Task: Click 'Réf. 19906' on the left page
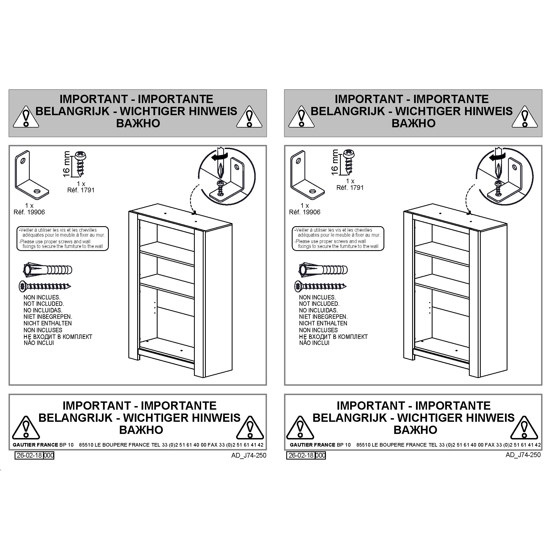[29, 212]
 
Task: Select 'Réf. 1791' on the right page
[350, 188]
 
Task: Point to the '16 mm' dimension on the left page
[66, 164]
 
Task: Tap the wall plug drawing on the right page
[323, 269]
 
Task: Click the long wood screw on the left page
[45, 286]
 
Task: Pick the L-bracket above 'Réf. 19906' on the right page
[307, 174]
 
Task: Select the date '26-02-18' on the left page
[29, 455]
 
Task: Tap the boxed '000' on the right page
[321, 455]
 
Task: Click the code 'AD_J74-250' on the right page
[523, 455]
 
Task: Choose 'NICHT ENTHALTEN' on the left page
[48, 323]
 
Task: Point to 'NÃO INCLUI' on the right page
[314, 343]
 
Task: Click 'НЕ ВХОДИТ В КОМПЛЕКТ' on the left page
[58, 337]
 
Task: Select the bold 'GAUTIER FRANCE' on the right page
[313, 445]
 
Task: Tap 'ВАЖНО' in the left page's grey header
[138, 123]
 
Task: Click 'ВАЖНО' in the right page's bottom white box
[415, 430]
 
